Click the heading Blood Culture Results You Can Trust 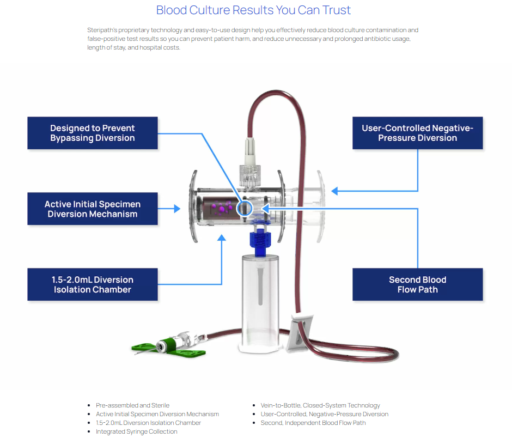(x=253, y=10)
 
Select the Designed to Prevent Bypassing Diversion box (x=93, y=133)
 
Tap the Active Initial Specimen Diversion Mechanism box (x=93, y=209)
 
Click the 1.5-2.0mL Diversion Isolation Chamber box (x=93, y=284)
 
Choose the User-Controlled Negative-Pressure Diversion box (x=417, y=133)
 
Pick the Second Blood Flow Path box (x=417, y=284)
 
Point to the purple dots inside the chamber (x=224, y=207)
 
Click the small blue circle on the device (x=245, y=208)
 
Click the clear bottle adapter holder (x=259, y=300)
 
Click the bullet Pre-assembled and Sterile (x=132, y=405)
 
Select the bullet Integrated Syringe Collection (x=137, y=431)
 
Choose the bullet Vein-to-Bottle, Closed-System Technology (x=320, y=405)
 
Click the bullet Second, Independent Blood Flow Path (x=313, y=423)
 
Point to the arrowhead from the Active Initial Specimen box (x=177, y=209)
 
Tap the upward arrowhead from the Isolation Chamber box (x=222, y=237)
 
